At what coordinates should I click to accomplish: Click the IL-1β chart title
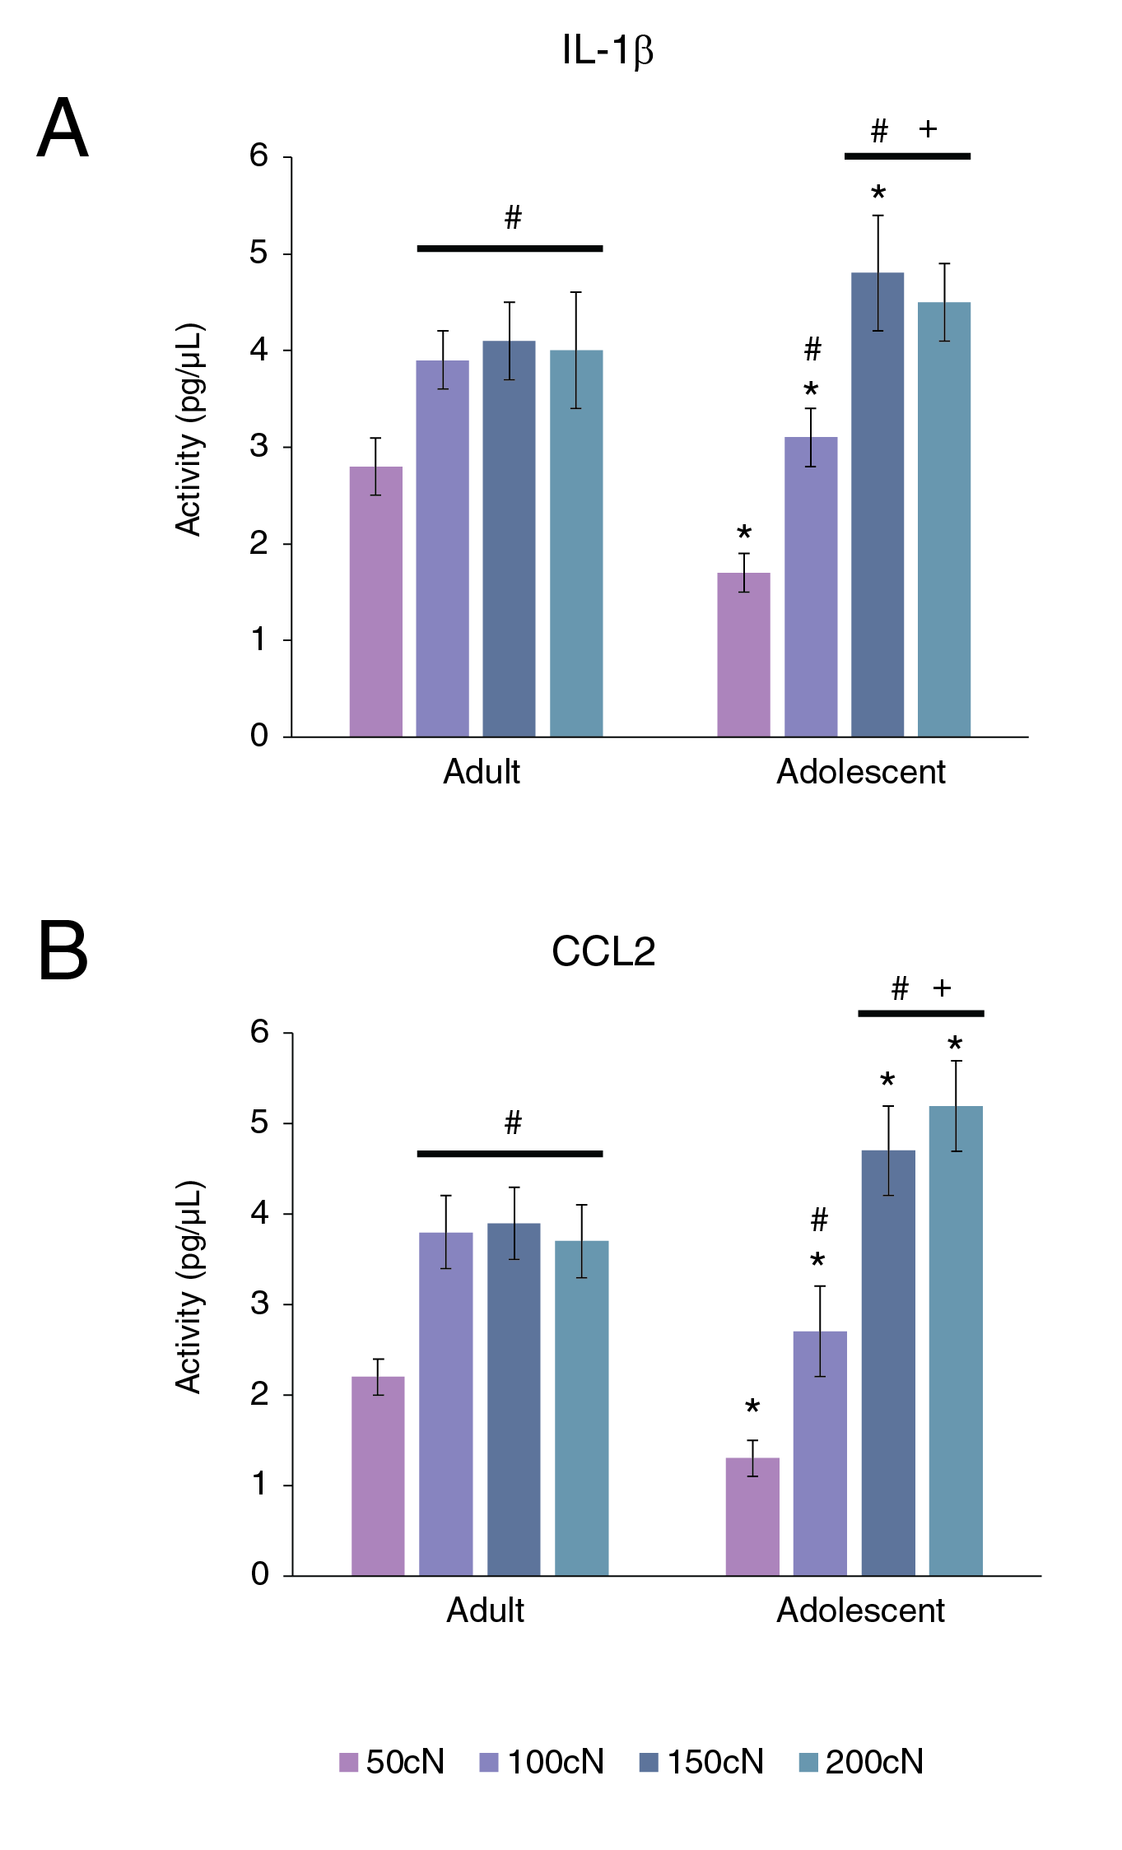[x=608, y=50]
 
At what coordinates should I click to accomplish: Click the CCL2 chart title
[x=603, y=951]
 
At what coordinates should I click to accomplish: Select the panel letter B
[x=63, y=951]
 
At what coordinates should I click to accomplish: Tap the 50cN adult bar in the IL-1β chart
[x=375, y=601]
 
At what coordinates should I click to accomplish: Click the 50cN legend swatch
[x=348, y=1762]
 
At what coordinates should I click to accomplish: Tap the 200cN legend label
[x=874, y=1762]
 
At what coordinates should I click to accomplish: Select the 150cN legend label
[x=715, y=1762]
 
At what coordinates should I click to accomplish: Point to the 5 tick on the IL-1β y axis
[x=259, y=253]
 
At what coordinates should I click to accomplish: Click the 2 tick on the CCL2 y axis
[x=259, y=1394]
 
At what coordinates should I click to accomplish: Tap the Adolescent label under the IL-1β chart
[x=860, y=772]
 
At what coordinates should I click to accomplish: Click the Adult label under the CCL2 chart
[x=485, y=1611]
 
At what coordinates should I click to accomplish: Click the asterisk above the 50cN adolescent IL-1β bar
[x=744, y=532]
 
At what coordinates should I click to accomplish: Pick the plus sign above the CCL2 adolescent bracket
[x=942, y=988]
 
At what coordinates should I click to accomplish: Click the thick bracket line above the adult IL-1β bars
[x=510, y=248]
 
